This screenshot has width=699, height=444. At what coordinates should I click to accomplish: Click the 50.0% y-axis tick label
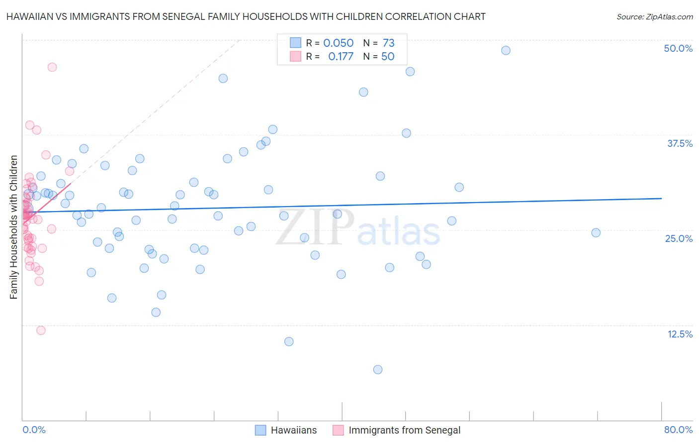(678, 48)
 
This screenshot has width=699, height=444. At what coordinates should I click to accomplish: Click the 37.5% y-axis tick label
(680, 143)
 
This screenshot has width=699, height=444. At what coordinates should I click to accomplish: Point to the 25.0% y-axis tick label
(679, 238)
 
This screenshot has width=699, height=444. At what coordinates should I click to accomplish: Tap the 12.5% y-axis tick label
(680, 334)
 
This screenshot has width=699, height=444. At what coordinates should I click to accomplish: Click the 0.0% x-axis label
(34, 430)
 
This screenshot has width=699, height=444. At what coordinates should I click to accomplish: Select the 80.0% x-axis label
(678, 430)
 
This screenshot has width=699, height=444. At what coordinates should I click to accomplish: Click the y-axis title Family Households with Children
(13, 227)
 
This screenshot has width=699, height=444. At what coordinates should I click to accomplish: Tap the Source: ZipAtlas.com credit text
(654, 16)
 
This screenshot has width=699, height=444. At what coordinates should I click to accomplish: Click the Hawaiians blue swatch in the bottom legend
(261, 430)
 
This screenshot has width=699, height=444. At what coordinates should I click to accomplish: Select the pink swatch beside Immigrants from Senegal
(338, 430)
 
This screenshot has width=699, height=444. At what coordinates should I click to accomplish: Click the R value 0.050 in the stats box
(338, 43)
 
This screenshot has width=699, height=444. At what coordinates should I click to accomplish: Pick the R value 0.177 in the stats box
(341, 56)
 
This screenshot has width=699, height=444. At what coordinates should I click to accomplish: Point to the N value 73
(388, 43)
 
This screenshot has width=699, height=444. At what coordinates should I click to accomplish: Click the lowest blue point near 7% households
(378, 369)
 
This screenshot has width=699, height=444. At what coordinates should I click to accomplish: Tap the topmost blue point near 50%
(506, 50)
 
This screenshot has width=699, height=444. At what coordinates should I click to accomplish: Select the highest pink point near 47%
(52, 67)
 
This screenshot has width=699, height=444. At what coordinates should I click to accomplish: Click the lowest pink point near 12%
(41, 331)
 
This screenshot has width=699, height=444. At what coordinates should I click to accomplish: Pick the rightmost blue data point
(596, 232)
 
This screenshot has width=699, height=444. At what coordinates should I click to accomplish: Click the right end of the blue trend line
(661, 198)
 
